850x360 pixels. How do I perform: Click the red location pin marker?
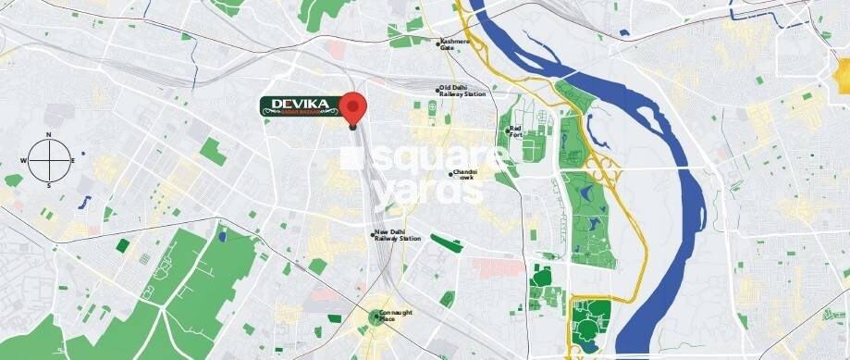352,108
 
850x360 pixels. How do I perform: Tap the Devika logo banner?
297,108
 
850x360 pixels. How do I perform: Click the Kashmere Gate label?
455,43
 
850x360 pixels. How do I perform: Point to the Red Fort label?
516,131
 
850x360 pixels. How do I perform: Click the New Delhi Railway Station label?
398,236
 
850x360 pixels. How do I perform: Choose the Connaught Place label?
397,315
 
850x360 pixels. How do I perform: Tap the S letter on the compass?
49,185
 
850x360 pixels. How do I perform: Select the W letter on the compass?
23,160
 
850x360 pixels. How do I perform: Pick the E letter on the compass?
74,160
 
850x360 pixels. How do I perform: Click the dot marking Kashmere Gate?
438,41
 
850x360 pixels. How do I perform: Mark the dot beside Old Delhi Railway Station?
438,90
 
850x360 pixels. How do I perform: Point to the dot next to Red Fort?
507,131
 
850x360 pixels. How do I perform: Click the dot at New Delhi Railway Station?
372,234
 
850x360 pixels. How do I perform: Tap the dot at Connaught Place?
377,316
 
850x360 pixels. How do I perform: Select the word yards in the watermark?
417,191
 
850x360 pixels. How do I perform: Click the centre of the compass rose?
49,159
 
